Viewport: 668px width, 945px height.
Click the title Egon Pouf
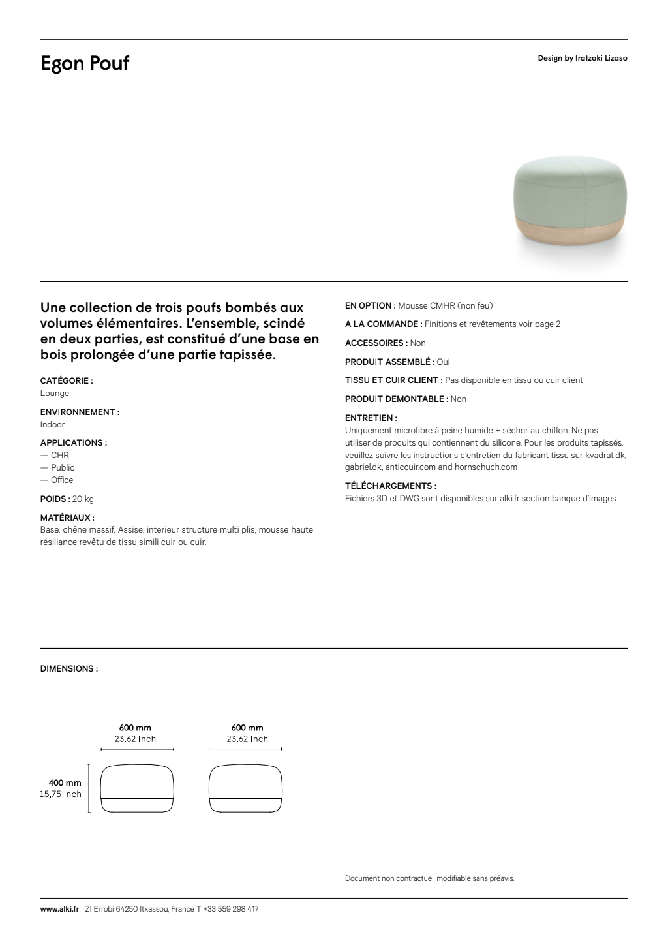[85, 64]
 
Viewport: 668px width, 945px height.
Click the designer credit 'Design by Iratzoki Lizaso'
[582, 58]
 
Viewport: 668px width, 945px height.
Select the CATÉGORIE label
[67, 380]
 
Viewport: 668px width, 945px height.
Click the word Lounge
[55, 394]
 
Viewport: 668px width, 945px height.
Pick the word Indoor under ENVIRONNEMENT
[53, 425]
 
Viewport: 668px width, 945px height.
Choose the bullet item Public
[63, 468]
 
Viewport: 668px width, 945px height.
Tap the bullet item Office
[62, 480]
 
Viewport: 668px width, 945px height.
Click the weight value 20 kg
[83, 499]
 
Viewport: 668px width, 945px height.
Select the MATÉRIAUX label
[67, 518]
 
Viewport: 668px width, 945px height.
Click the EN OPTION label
[370, 305]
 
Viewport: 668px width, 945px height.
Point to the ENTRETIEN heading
[371, 418]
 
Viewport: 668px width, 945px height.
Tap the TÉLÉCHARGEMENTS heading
[390, 486]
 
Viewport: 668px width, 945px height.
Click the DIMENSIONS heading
[69, 669]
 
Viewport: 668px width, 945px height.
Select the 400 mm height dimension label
[65, 783]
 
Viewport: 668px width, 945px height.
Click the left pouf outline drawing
[138, 788]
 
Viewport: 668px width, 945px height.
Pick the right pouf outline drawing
[245, 788]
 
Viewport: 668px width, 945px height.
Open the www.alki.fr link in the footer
[59, 909]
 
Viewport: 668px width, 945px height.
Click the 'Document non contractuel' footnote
[429, 878]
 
